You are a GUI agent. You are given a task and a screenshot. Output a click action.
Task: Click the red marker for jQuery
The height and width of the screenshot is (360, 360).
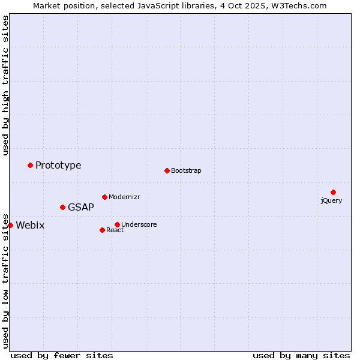coord(333,192)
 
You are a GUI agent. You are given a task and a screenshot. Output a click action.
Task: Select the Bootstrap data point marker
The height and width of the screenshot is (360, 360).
coord(167,170)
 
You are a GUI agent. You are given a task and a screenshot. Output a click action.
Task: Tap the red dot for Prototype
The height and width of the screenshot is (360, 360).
coord(30,165)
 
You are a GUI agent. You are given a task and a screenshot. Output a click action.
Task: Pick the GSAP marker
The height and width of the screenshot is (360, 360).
coord(62,207)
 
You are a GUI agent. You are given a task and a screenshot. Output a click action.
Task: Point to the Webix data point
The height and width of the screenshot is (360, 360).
coord(10,225)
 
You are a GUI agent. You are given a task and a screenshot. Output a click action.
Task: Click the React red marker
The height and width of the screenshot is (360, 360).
coord(102,230)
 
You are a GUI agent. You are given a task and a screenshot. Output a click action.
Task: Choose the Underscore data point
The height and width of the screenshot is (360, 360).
coord(117,224)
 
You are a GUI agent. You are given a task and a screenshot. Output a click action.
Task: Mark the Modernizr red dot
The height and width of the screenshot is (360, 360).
coord(104,197)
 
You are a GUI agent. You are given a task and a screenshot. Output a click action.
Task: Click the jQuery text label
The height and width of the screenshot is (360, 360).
coord(331,200)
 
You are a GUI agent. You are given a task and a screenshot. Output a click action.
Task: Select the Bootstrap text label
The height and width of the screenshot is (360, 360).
coord(186,170)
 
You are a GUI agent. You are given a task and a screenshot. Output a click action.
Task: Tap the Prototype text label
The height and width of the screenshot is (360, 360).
coord(58,165)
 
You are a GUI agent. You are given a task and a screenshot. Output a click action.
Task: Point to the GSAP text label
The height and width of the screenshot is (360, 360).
coord(81,207)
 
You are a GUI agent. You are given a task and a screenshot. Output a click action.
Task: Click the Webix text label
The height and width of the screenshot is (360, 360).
coord(30,225)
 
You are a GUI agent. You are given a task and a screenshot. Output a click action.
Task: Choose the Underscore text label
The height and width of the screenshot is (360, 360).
coord(139,224)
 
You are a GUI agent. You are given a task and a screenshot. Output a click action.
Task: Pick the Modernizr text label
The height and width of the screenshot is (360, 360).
coord(124,197)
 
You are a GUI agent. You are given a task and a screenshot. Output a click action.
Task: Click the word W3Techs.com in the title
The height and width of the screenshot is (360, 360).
coord(299,5)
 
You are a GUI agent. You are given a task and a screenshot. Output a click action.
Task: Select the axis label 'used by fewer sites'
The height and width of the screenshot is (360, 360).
coord(62,355)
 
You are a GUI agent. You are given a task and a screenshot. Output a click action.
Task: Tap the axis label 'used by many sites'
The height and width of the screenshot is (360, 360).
coord(301,355)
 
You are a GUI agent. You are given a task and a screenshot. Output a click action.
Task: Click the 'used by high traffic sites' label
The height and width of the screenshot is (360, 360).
coord(5,85)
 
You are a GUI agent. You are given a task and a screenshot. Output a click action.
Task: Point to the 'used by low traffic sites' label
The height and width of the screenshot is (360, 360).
coord(5,280)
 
